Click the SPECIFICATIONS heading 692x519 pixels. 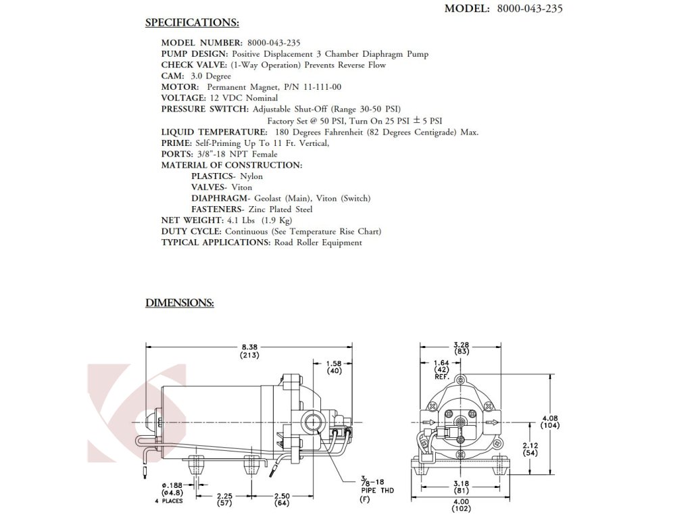pyautogui.click(x=192, y=23)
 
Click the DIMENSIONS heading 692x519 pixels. pyautogui.click(x=180, y=303)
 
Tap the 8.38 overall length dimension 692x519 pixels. pyautogui.click(x=250, y=347)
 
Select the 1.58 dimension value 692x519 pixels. pyautogui.click(x=333, y=363)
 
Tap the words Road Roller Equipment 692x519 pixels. pyautogui.click(x=318, y=243)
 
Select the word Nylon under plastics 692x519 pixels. pyautogui.click(x=251, y=176)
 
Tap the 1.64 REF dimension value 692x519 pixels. pyautogui.click(x=442, y=363)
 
